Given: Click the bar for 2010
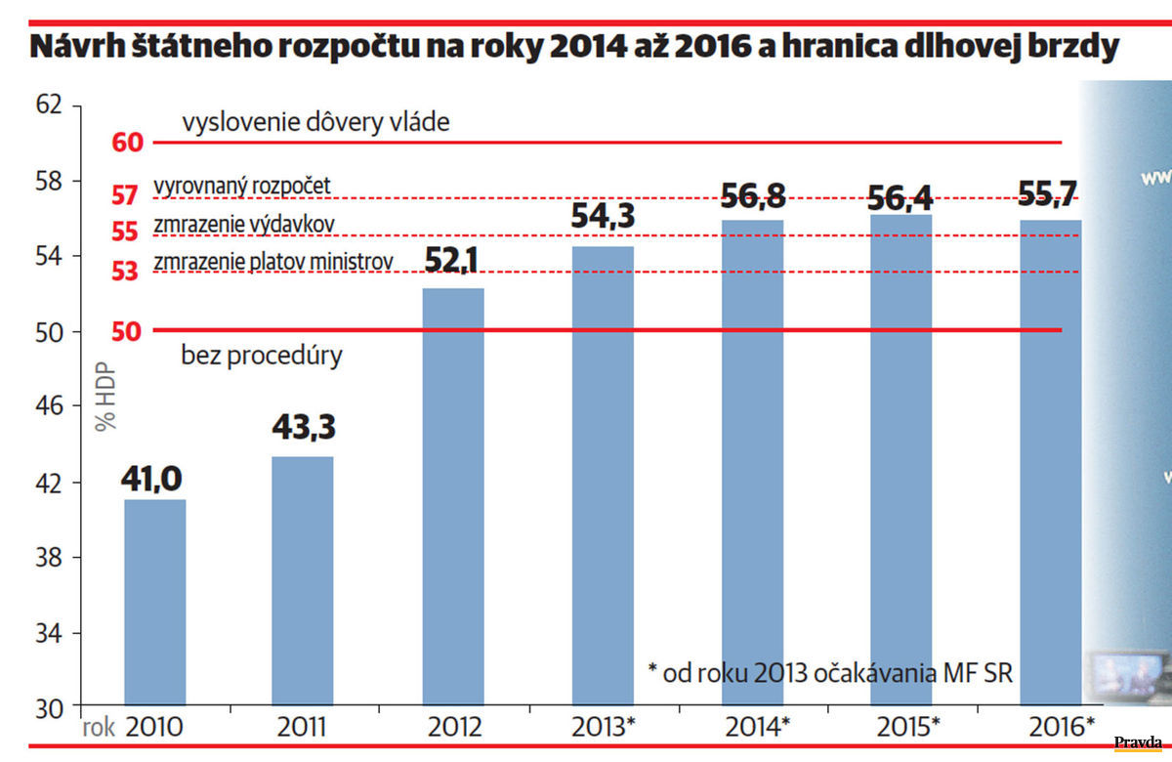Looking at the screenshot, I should point(154,602).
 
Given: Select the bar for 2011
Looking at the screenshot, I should point(303,580).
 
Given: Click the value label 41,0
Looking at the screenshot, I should point(153,480).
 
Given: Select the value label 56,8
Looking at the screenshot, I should point(752,197).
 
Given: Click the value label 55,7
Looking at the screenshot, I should point(1051,194).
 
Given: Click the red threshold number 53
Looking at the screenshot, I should point(125,272).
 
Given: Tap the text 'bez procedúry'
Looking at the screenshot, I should point(262,355).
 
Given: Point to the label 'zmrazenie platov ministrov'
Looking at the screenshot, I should point(273,262).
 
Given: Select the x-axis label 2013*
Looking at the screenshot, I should point(605,727).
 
